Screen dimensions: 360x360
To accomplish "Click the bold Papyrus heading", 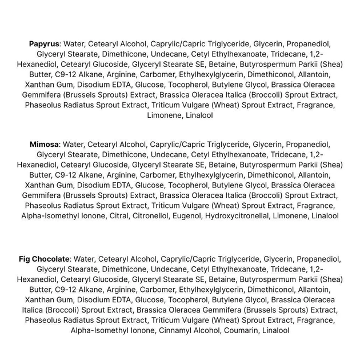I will tap(45, 43).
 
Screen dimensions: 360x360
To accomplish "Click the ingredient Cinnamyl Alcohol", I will tap(186, 330).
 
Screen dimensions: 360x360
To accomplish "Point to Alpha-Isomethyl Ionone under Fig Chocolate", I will tap(105, 330).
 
